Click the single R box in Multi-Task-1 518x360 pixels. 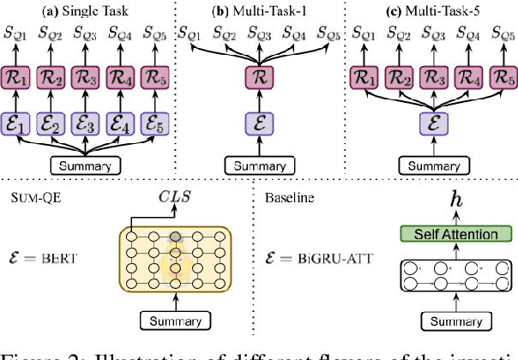tap(257, 79)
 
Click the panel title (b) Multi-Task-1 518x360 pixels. tap(257, 9)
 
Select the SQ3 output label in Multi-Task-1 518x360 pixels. tap(257, 33)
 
